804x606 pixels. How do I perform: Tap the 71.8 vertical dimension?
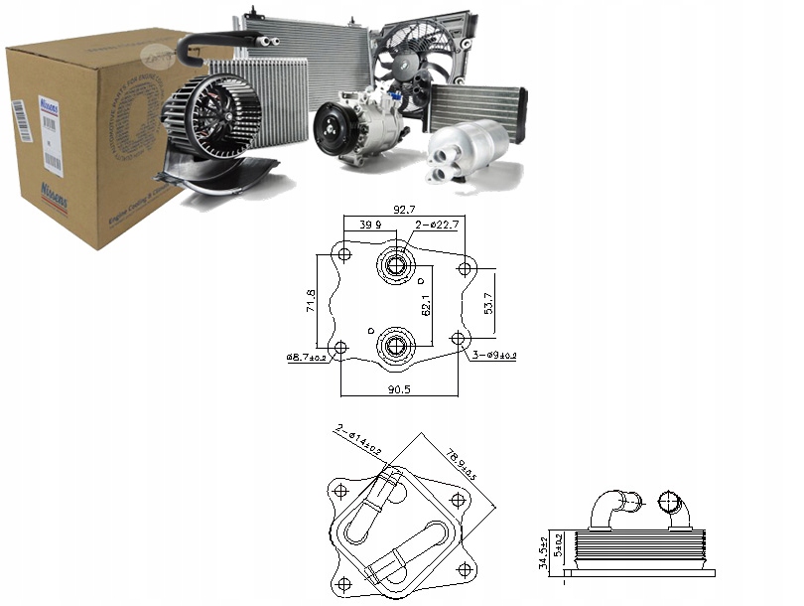[x=310, y=301]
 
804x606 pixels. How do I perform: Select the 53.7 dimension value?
[x=486, y=303]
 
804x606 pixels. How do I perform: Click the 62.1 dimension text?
[x=425, y=305]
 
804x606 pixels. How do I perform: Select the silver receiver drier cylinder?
[x=467, y=150]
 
